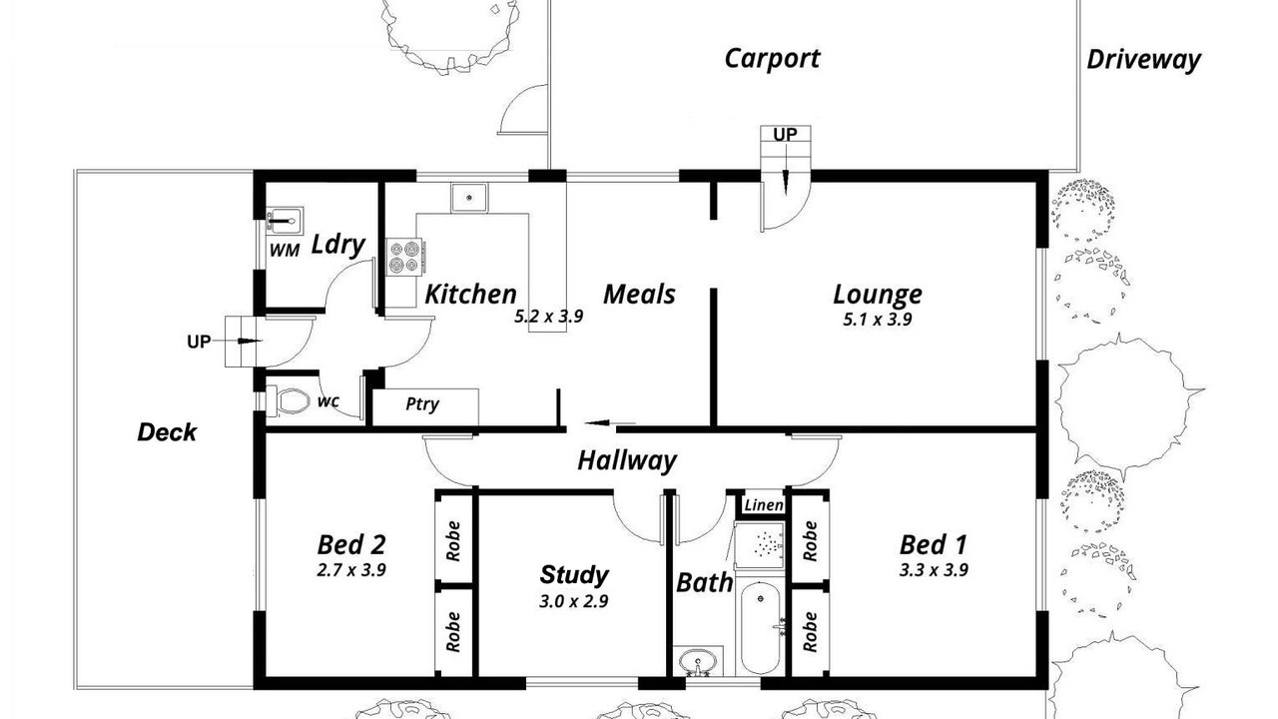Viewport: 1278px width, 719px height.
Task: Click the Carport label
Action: pos(772,59)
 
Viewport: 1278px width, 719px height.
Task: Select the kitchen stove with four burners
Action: pos(404,257)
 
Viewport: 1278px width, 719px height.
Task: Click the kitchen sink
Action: pos(469,198)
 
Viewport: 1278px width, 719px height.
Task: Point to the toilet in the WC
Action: pos(289,400)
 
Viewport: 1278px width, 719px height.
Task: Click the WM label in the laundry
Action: pos(285,250)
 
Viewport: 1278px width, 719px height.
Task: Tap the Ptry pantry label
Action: pos(422,404)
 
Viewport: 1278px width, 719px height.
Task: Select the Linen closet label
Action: pos(764,505)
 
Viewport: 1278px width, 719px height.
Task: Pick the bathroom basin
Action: pos(698,662)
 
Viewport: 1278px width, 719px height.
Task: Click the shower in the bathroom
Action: pos(760,544)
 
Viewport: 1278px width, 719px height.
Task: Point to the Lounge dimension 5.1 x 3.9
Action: pos(878,320)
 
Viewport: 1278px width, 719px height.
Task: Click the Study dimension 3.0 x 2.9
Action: pos(573,601)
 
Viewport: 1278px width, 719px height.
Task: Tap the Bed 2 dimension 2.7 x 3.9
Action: pos(351,570)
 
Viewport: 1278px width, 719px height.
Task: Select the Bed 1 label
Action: pos(934,544)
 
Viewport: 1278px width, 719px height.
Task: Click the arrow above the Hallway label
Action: pos(609,423)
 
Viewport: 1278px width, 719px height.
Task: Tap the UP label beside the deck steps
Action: pos(199,342)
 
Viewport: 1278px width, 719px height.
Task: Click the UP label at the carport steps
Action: pos(785,135)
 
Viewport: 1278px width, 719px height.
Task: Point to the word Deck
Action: pos(167,432)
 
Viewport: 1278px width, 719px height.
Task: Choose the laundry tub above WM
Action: pos(285,220)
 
